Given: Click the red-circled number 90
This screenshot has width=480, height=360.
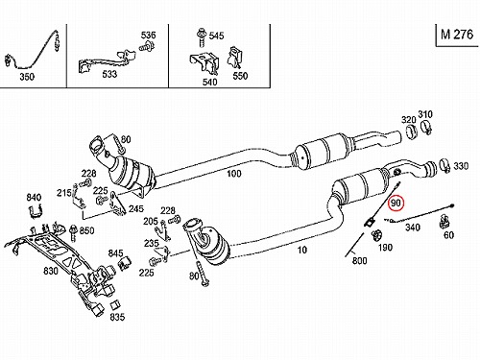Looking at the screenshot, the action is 396,204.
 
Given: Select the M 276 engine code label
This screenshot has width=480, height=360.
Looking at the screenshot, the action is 457,35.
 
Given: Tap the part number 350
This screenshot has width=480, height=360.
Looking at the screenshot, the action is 27,77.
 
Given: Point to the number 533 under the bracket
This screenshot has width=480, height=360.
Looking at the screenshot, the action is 109,74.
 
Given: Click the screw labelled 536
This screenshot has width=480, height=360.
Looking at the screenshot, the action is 147,47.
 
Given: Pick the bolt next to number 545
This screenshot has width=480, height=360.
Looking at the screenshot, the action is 202,37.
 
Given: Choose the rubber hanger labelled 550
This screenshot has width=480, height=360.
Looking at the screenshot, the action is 234,58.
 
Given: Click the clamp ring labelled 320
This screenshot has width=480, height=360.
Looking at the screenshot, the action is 412,132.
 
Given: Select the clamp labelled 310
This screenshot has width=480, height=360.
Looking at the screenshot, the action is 426,127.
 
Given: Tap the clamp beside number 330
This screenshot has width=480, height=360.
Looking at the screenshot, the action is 444,166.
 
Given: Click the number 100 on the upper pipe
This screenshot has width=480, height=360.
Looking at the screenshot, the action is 234,174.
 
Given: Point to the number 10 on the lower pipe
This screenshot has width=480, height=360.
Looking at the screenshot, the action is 302,250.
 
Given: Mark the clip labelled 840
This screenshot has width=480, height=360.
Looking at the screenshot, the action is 36,211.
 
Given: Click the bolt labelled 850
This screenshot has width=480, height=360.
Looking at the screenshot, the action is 73,232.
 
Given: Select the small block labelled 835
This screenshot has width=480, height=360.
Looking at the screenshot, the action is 115,305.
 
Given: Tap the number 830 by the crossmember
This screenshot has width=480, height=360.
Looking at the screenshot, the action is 51,271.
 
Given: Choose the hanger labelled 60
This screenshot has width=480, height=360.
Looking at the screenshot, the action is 444,222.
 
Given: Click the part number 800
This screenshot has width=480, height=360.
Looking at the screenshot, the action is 359,260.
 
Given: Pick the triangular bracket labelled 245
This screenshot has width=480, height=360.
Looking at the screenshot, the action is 116,203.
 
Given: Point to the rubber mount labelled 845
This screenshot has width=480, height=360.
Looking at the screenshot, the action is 124,263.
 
